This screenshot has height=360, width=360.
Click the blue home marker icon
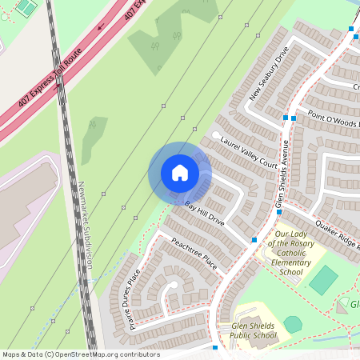(180, 173)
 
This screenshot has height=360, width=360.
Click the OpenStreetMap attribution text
(81, 354)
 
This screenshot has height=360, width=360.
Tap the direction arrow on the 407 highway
(102, 26)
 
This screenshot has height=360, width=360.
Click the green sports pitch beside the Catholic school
(323, 279)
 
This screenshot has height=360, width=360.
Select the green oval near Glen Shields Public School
(294, 324)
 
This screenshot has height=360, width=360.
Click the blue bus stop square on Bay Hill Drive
(254, 240)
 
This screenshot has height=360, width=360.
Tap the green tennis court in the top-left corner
(26, 8)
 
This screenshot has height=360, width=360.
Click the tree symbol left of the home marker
(93, 125)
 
